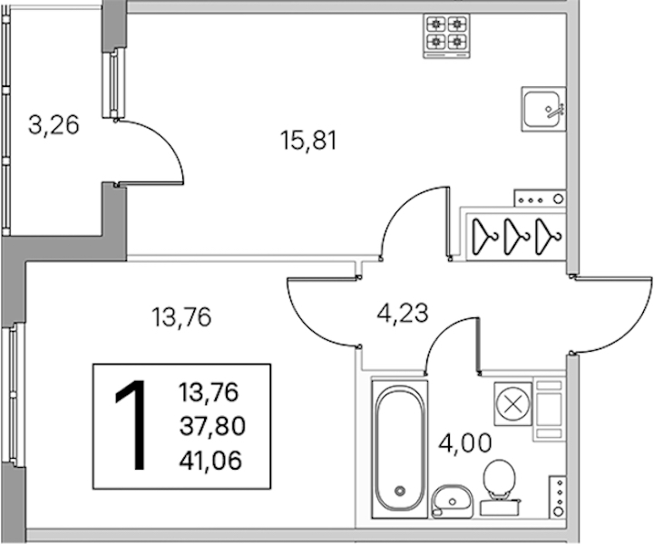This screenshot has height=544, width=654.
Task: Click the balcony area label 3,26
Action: point(54,125)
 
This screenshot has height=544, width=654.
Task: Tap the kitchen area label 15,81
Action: point(308,140)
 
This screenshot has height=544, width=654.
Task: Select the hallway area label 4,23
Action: point(403,314)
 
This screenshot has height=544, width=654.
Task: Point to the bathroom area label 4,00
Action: point(465,443)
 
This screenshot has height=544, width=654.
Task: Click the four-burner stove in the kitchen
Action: point(446,35)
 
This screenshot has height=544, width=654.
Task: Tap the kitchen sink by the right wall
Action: point(543,109)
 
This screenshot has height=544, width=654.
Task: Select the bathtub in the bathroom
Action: point(400,449)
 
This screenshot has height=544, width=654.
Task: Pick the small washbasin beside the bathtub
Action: point(452,501)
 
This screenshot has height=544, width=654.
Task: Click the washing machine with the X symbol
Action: point(513,404)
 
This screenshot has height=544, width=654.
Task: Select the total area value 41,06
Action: point(210,461)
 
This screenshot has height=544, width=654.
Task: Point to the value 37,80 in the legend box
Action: point(212,426)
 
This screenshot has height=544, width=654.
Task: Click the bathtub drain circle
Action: point(400,491)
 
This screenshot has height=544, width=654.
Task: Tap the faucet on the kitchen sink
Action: point(555,110)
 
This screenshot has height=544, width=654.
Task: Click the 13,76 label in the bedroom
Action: point(181,316)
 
